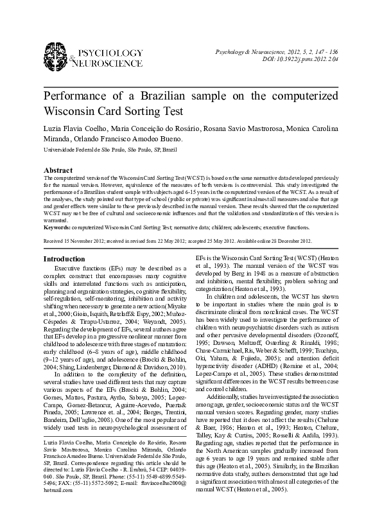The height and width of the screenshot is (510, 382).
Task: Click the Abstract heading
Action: click(57, 170)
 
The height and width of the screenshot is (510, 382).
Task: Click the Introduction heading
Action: click(64, 259)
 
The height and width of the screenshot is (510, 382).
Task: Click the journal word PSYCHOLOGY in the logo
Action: click(110, 51)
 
